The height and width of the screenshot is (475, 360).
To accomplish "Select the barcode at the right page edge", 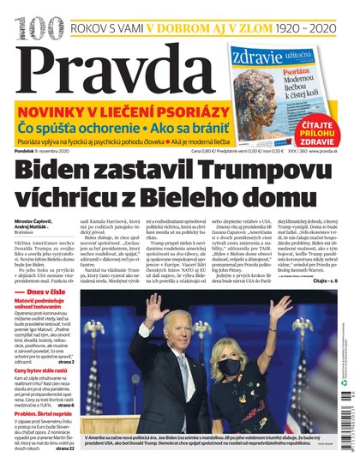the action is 351,429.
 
